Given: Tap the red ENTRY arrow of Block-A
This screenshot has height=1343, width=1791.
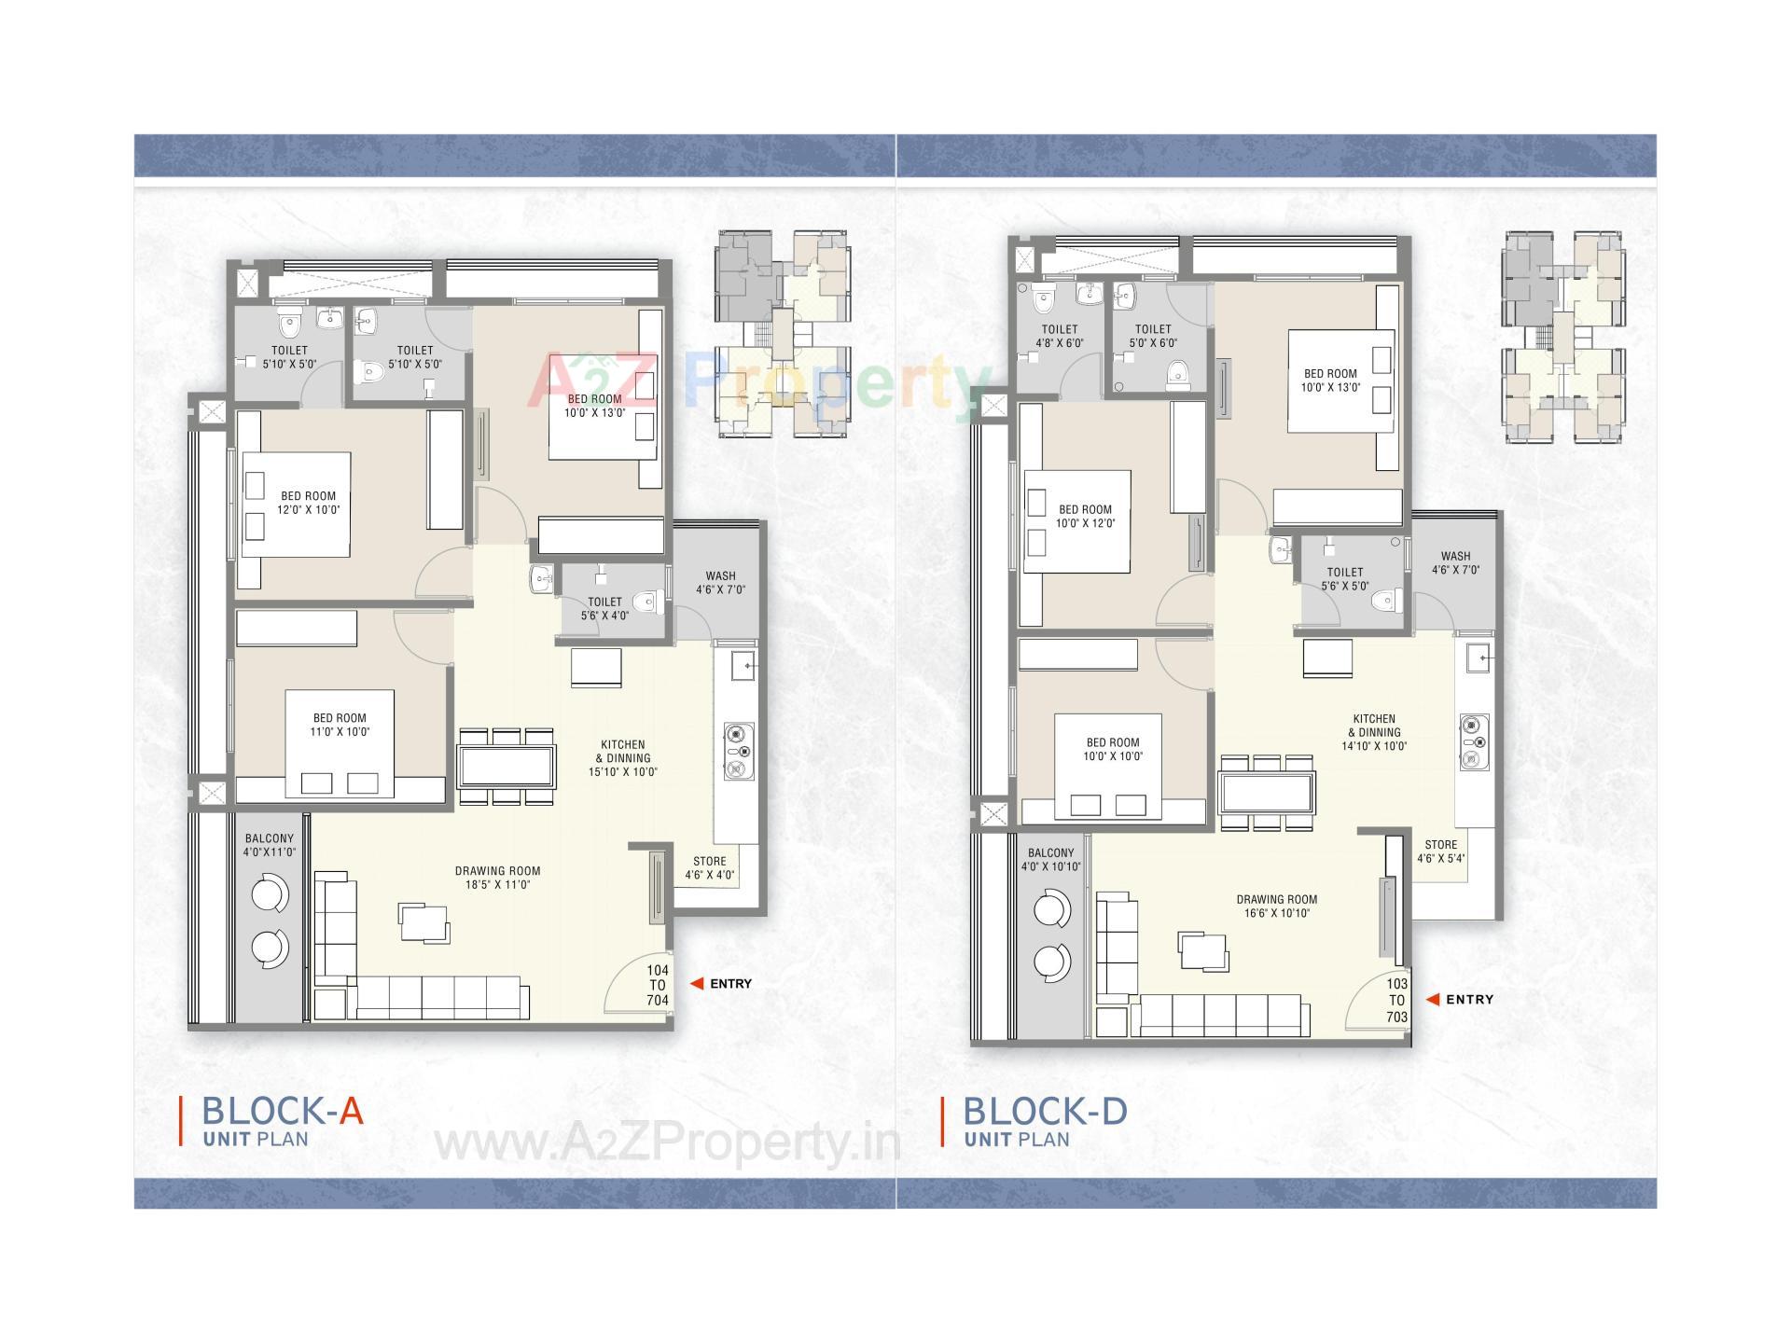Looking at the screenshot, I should [x=696, y=983].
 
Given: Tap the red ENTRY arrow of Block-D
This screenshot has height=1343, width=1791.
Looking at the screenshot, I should [x=1432, y=999].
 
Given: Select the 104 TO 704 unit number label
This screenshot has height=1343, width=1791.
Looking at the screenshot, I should [x=657, y=985].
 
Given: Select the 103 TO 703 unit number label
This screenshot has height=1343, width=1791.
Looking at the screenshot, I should [x=1395, y=1000].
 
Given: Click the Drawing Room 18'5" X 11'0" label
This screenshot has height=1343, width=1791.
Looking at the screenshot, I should [x=498, y=878].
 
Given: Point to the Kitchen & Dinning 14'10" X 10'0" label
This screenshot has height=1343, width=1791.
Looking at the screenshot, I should [x=1374, y=732].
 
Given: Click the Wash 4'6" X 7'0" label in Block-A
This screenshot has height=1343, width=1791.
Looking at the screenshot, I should [x=720, y=583].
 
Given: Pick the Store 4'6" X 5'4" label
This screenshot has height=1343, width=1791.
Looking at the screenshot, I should [x=1440, y=851].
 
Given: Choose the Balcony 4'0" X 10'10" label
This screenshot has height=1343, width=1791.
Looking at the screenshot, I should [x=1050, y=860].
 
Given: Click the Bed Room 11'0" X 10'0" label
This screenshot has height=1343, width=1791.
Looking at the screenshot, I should [x=340, y=725].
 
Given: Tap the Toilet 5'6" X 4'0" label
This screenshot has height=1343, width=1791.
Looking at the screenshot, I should [x=604, y=608].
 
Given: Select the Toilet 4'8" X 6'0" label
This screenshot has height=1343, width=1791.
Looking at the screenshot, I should [x=1059, y=336].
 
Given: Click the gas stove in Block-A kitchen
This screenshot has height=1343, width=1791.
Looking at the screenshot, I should [x=739, y=751].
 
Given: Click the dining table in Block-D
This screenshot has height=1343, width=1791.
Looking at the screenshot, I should [x=1266, y=793].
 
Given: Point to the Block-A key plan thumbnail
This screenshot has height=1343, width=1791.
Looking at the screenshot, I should [x=784, y=334].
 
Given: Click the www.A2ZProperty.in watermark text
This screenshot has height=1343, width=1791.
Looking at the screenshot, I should [x=667, y=1143].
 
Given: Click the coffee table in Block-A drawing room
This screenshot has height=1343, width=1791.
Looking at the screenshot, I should [x=423, y=923].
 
